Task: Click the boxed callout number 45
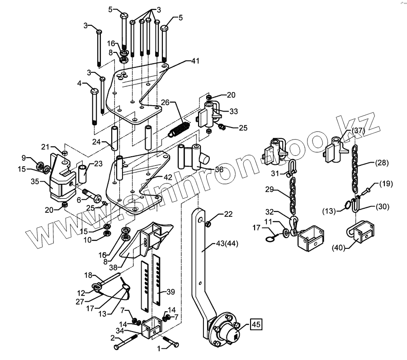[256, 325]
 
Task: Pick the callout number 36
[218, 169]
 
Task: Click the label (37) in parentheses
[358, 131]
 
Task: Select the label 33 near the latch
[233, 112]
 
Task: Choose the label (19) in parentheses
[386, 183]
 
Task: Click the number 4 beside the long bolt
[79, 84]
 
